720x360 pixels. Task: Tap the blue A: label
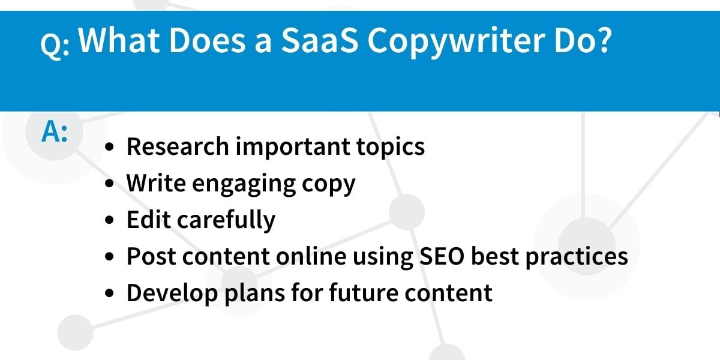click(x=55, y=131)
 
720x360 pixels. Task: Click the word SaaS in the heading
click(x=319, y=40)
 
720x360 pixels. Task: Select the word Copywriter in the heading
click(x=457, y=42)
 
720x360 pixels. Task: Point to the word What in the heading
click(x=119, y=40)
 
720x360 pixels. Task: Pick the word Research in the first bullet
click(x=178, y=146)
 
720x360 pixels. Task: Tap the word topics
click(x=391, y=148)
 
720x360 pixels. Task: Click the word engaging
click(x=244, y=184)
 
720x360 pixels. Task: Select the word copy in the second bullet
click(x=329, y=185)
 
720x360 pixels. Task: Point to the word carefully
click(x=226, y=221)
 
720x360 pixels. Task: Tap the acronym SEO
click(x=442, y=256)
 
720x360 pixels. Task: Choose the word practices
click(x=577, y=257)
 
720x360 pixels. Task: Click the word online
click(x=311, y=256)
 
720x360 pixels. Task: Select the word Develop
click(x=172, y=294)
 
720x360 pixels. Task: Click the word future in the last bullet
click(x=364, y=293)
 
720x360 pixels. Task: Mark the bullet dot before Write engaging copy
click(x=109, y=183)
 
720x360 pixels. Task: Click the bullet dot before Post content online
click(x=109, y=257)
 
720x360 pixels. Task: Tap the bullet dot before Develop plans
click(x=109, y=293)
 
